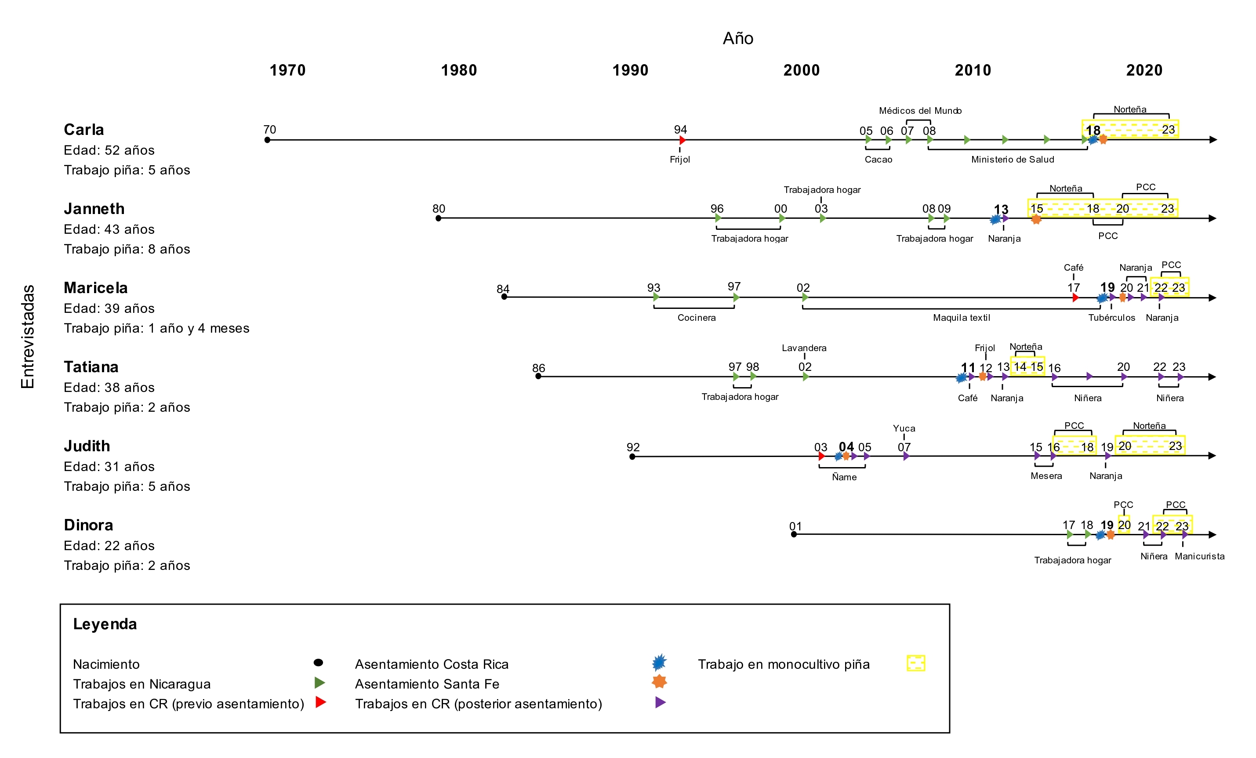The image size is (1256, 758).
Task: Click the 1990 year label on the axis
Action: point(630,70)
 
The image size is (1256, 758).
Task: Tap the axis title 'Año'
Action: point(737,38)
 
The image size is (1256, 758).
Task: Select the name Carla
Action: point(83,130)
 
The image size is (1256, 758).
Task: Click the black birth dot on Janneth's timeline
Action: point(439,218)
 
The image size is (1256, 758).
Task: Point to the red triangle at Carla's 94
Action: point(682,140)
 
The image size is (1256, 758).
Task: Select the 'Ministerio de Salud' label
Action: point(1013,160)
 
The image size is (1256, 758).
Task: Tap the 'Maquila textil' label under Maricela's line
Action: point(962,318)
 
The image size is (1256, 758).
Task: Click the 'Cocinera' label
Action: point(696,318)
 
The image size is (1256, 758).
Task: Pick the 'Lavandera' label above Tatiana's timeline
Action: point(804,348)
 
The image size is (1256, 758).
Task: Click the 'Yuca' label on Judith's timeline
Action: point(904,428)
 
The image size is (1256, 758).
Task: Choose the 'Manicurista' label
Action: point(1199,556)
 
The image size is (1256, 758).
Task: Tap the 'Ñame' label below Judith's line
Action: point(844,477)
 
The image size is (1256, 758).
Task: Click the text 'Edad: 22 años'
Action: point(109,545)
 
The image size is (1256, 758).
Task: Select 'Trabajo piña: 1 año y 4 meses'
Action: point(156,328)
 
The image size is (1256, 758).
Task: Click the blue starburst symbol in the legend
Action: point(659,662)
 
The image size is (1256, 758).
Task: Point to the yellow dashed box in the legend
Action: point(915,663)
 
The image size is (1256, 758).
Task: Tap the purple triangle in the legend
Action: point(660,703)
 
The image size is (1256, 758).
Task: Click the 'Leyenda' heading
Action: point(105,624)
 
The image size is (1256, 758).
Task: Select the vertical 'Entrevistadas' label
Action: point(28,337)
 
